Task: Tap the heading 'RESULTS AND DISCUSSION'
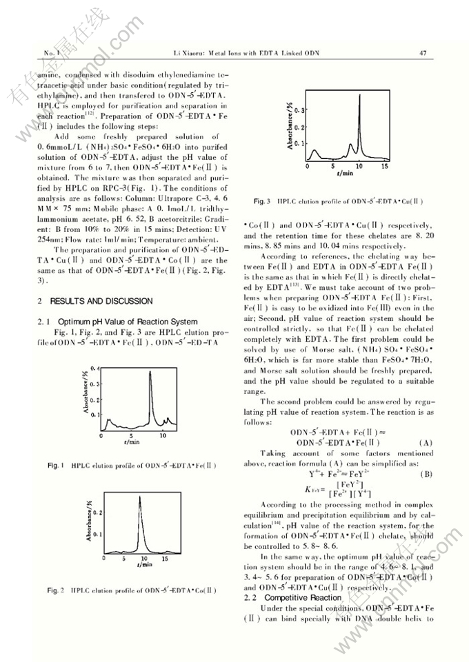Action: point(96,301)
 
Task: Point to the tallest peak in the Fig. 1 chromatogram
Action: point(150,373)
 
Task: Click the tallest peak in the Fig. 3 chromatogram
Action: point(359,96)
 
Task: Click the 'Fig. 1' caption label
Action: point(56,466)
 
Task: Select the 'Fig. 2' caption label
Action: point(56,590)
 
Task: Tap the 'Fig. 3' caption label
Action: point(263,201)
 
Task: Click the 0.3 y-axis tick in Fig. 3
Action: point(300,110)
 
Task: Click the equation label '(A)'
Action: point(426,442)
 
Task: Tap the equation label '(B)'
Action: point(426,474)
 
